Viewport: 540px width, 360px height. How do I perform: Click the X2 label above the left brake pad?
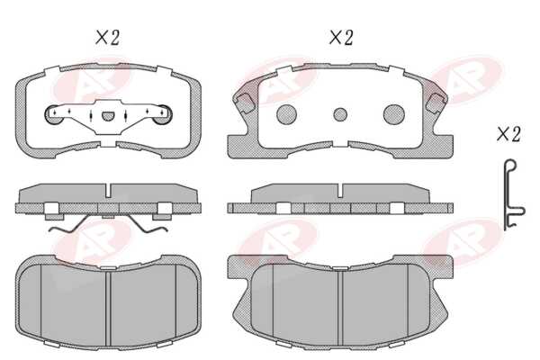[107, 38]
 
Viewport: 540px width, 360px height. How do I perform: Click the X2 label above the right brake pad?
[341, 37]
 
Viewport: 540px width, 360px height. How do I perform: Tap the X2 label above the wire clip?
[508, 134]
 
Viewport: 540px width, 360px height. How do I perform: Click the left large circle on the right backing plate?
[286, 114]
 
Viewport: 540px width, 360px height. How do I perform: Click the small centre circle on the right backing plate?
[340, 114]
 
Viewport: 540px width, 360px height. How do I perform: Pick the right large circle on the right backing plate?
[394, 114]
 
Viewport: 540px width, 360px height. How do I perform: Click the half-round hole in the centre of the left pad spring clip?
[107, 116]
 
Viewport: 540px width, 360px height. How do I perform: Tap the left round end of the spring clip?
[53, 114]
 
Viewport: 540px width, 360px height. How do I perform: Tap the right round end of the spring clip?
[163, 114]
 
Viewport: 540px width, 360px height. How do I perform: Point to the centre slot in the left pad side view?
[108, 191]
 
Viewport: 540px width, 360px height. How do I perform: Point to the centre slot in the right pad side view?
[340, 191]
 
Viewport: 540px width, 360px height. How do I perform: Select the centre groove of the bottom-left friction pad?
[108, 309]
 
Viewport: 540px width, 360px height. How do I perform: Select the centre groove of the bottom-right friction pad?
[340, 309]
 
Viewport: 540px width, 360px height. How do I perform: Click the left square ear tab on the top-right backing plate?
[244, 102]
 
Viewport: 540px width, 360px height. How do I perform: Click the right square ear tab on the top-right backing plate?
[436, 102]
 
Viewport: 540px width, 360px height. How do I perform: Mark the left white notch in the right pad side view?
[283, 208]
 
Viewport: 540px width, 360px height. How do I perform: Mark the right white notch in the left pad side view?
[165, 208]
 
